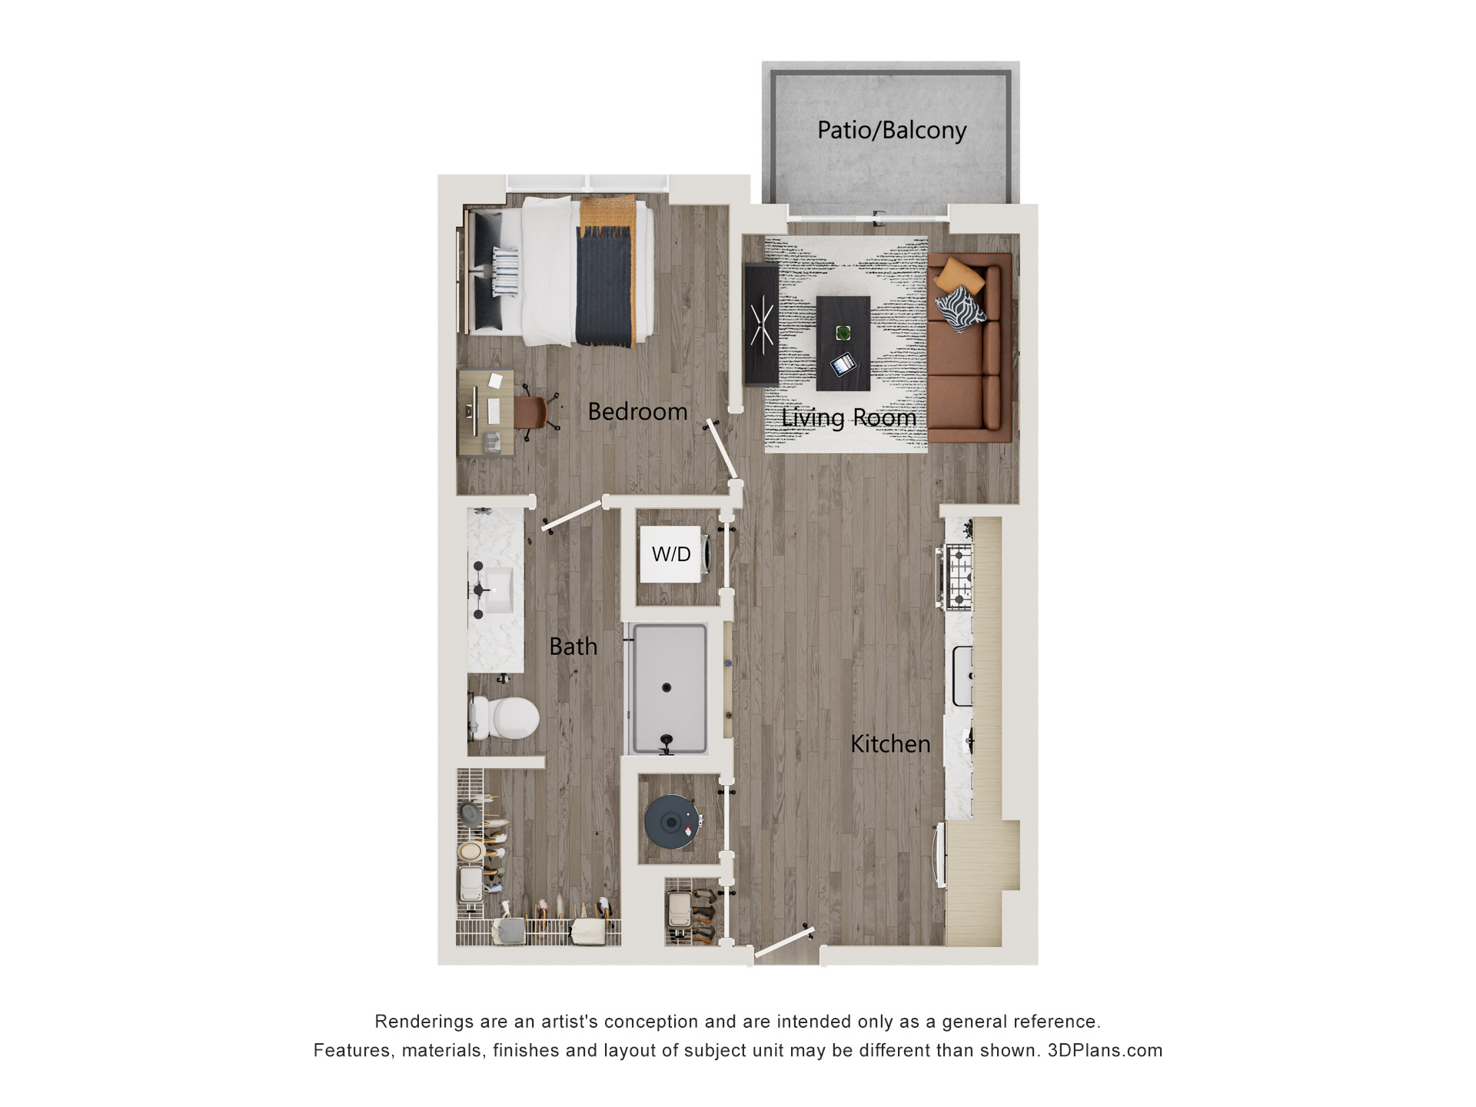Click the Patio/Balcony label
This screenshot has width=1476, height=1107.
[891, 130]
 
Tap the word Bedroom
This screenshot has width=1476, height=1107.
[637, 412]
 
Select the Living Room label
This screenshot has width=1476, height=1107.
[849, 417]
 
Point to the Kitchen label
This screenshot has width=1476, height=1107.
[890, 744]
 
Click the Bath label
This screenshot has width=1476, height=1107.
[573, 647]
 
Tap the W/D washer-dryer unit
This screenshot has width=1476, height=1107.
[671, 554]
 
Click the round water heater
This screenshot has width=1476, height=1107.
[672, 822]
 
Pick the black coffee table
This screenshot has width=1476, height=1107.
[843, 343]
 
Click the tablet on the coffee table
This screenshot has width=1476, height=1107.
[843, 364]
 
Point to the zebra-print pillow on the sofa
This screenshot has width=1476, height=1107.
[959, 308]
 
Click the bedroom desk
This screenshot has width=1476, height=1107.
[485, 414]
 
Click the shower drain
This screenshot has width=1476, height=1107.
[667, 688]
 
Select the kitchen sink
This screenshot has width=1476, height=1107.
[962, 676]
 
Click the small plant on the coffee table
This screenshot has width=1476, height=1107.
[843, 333]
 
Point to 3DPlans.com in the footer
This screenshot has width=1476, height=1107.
[1105, 1051]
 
